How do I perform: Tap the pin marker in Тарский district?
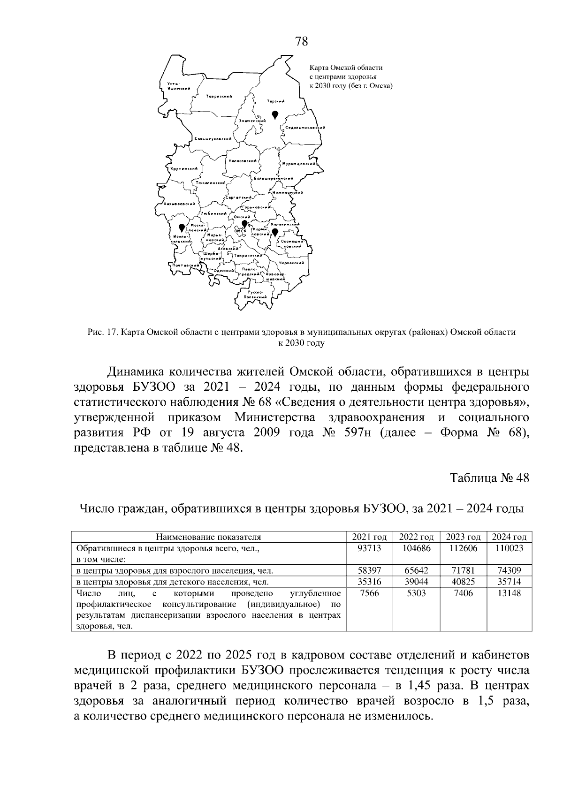[x=275, y=114]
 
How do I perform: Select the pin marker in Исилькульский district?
[x=182, y=228]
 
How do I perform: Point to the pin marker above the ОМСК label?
[x=244, y=224]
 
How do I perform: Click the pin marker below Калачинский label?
[x=275, y=232]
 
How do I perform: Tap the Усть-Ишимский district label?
[x=178, y=86]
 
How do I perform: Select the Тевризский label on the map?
[x=219, y=96]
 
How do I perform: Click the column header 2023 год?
[x=463, y=537]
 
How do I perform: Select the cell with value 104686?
[x=416, y=548]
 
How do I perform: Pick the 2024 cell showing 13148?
[x=510, y=593]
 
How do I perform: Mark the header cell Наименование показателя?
[x=208, y=537]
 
